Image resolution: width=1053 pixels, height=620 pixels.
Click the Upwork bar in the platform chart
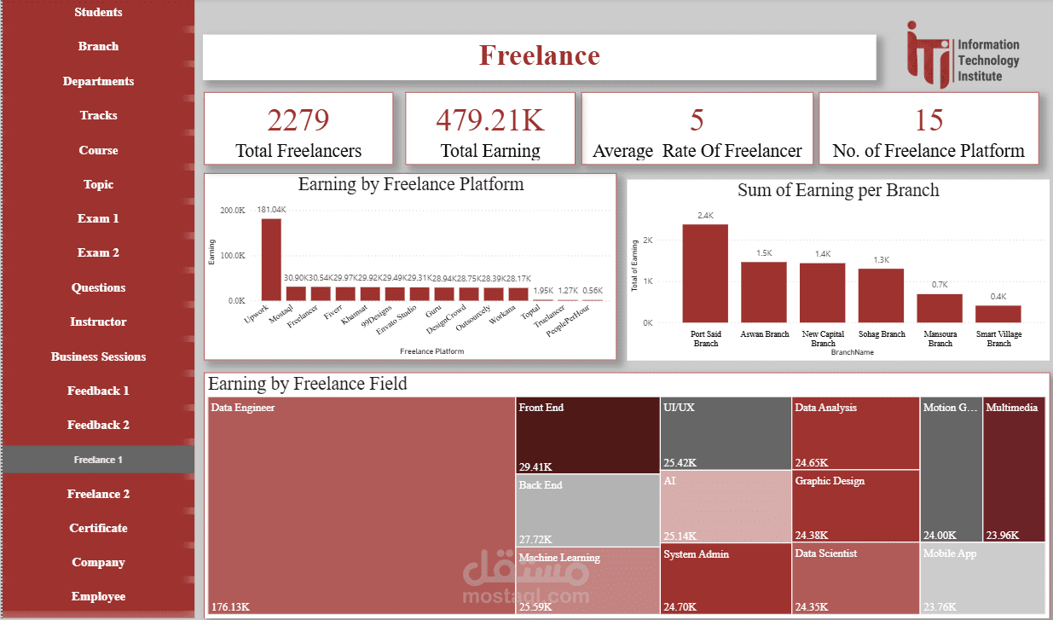point(271,259)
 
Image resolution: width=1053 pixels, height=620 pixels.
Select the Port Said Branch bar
point(705,273)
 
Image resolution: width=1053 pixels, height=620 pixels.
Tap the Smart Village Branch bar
point(998,314)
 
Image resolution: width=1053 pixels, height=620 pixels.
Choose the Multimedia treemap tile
point(1014,469)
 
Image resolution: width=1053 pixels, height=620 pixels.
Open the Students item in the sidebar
point(98,12)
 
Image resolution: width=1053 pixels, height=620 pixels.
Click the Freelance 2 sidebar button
point(98,494)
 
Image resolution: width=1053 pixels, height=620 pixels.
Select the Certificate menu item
point(98,528)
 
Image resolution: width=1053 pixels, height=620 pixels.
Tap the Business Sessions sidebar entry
point(98,356)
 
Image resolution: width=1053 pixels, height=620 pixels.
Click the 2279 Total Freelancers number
point(298,120)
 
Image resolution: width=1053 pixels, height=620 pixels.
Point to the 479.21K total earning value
point(490,120)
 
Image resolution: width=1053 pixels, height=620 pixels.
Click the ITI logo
point(963,55)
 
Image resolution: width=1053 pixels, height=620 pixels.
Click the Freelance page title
point(539,55)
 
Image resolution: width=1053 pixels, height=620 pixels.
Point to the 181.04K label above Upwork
point(272,209)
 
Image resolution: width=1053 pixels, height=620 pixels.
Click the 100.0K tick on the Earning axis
point(234,256)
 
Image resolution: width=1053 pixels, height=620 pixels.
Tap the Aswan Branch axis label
point(764,334)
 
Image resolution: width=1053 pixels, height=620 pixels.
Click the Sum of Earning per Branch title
point(838,190)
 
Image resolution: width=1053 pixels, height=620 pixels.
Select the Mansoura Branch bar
point(940,308)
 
